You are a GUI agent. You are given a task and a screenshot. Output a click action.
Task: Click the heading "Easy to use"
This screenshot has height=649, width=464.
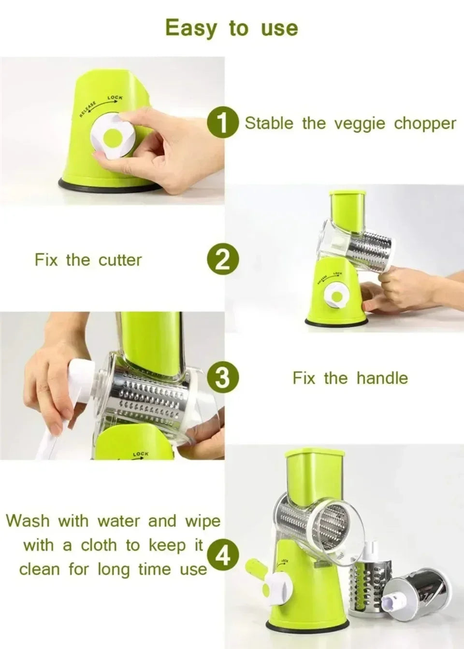click(232, 28)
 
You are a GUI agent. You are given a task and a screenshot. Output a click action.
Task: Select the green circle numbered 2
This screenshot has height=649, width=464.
click(223, 260)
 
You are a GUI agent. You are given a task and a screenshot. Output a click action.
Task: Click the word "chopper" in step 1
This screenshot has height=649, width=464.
click(425, 124)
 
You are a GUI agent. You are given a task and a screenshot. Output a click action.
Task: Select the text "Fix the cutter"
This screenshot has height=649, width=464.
click(88, 260)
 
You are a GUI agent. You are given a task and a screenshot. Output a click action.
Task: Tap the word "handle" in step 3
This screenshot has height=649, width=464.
click(382, 378)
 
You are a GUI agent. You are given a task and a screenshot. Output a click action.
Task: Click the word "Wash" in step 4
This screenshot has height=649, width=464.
click(28, 521)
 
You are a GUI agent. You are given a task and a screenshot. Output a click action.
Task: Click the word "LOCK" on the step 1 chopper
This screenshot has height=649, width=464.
click(115, 98)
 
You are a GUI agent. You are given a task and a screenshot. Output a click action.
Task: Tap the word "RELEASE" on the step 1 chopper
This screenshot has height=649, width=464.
click(88, 110)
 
